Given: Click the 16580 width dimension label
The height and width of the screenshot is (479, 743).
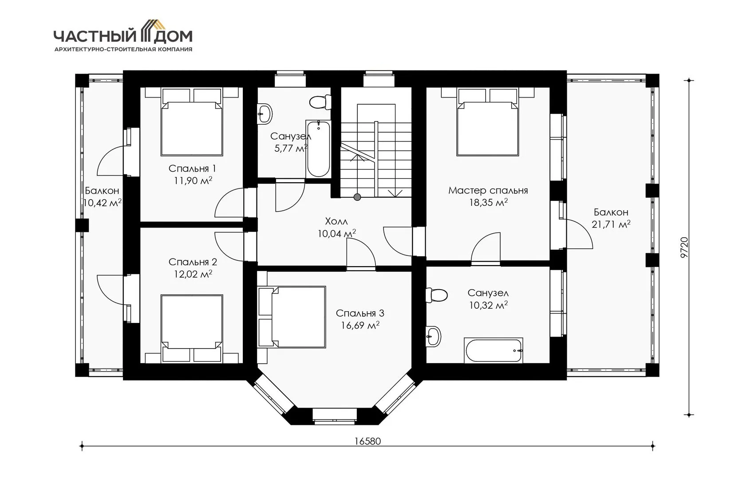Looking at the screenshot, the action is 368,441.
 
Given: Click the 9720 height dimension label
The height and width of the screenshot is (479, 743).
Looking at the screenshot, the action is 684,247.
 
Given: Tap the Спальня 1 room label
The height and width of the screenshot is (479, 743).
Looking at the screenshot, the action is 192,169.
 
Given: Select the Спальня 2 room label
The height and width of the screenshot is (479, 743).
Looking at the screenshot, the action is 193,262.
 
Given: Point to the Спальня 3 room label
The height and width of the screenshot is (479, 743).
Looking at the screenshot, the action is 360,313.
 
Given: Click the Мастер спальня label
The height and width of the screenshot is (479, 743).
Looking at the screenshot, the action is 488,190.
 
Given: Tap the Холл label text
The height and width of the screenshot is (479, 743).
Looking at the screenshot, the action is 336,221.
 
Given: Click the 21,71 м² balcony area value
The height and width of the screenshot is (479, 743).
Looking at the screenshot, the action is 611,224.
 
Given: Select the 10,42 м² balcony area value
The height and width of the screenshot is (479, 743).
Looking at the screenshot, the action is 102,203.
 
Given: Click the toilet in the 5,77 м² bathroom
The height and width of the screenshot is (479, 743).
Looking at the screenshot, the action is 320,102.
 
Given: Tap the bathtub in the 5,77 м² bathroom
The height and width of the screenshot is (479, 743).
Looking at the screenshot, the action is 318,149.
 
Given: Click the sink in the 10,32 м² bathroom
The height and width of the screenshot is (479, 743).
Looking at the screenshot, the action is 433,337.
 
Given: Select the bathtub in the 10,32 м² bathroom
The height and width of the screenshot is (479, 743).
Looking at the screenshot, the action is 494,350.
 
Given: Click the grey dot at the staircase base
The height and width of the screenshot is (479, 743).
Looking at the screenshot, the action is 357,197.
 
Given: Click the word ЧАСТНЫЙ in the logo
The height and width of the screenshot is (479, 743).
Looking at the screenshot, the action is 96,36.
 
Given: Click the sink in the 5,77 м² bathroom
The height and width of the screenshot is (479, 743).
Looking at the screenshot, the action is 265,114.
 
